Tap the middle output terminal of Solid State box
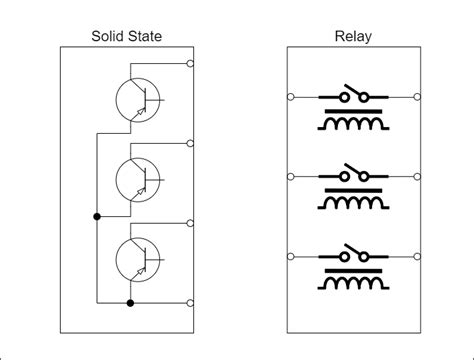click(x=191, y=143)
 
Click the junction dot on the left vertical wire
click(x=97, y=216)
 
